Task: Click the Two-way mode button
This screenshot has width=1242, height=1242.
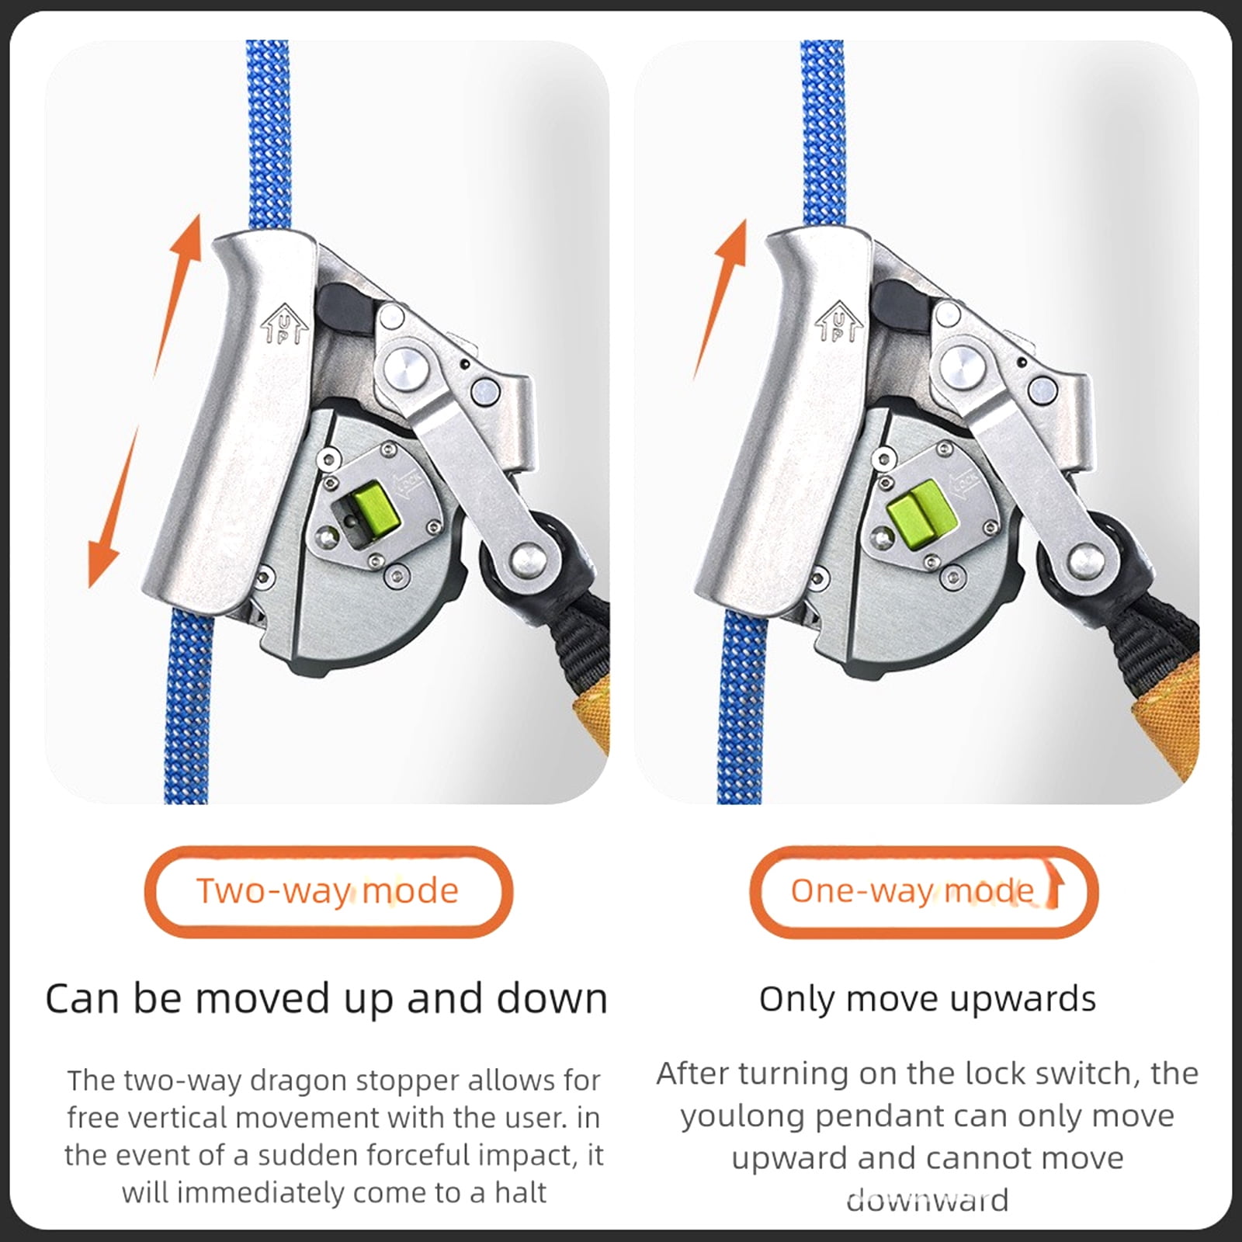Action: pyautogui.click(x=328, y=891)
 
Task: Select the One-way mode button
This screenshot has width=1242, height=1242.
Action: pyautogui.click(x=924, y=891)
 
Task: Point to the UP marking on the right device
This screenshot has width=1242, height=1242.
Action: pyautogui.click(x=839, y=322)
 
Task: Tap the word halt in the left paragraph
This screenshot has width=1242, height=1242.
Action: pyautogui.click(x=521, y=1192)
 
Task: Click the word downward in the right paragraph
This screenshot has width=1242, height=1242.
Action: pyautogui.click(x=928, y=1200)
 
